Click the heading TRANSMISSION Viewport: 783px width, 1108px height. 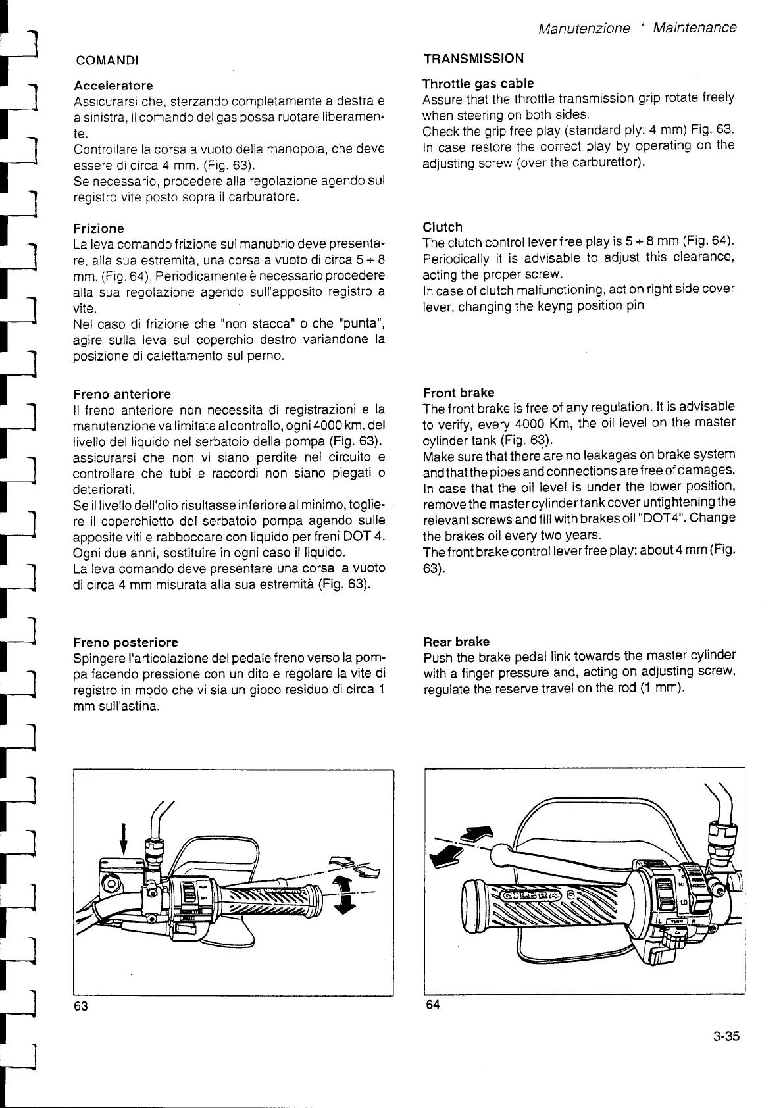473,59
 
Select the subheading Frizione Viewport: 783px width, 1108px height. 99,228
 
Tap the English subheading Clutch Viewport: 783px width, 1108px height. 442,227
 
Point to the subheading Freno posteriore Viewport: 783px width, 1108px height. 125,642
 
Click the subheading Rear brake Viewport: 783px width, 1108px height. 456,641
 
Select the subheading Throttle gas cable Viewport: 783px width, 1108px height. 478,84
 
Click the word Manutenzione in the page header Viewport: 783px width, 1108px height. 584,28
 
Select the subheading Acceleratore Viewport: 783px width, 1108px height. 113,86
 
